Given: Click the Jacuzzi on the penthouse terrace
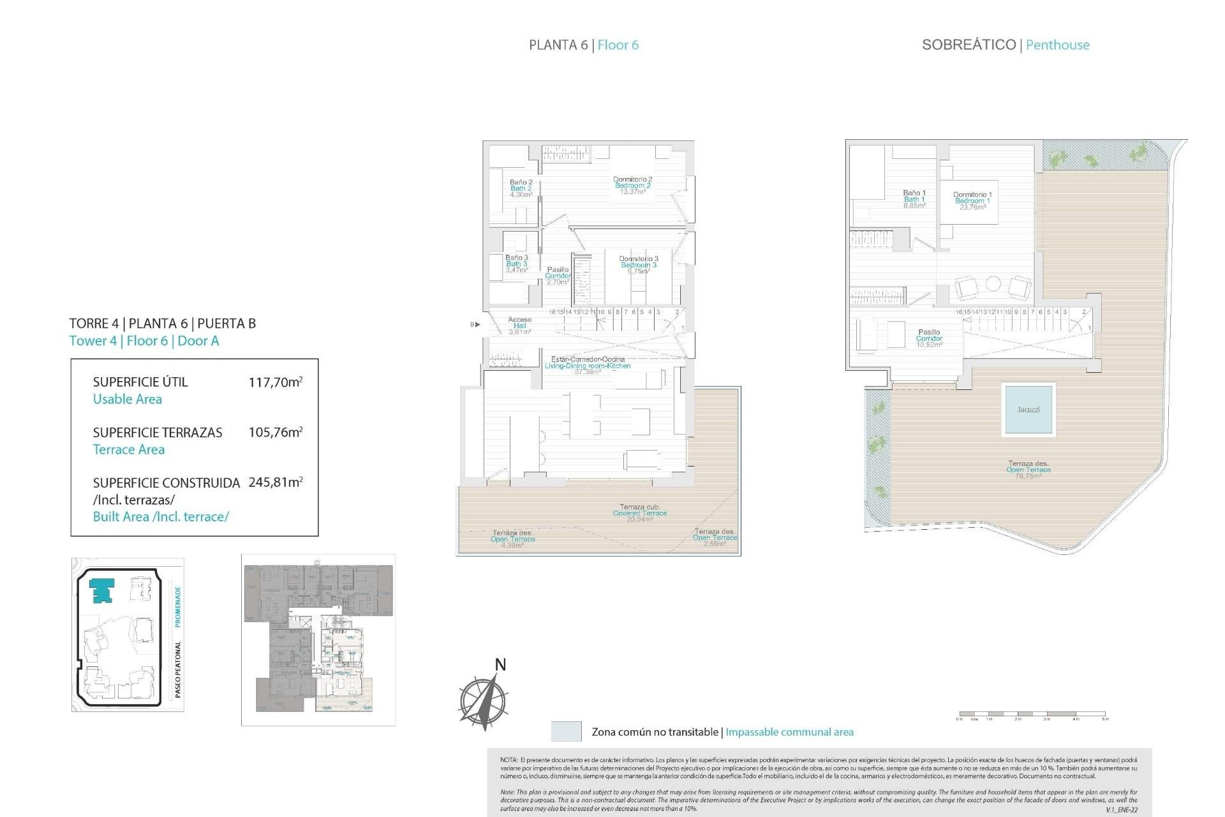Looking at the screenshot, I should click(x=1027, y=409).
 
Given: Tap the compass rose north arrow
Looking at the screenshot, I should click(x=485, y=699).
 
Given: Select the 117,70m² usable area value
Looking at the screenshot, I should click(x=275, y=382).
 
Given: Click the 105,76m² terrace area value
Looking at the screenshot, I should click(x=275, y=432).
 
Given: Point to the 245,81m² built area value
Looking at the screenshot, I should click(x=275, y=483).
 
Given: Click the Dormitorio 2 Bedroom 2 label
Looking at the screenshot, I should click(x=632, y=186).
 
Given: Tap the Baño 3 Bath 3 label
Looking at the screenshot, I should click(x=517, y=264).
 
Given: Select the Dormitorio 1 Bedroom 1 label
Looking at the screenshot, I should click(x=972, y=200).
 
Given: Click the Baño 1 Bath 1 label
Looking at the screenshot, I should click(x=914, y=199).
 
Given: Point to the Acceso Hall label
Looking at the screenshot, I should click(x=519, y=326).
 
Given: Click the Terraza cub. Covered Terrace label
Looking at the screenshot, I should click(x=639, y=513).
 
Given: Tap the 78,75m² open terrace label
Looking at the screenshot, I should click(x=1028, y=470).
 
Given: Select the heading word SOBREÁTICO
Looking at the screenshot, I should click(x=969, y=45).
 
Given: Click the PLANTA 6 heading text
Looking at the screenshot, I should click(x=558, y=45).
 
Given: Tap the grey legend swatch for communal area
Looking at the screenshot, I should click(x=566, y=731).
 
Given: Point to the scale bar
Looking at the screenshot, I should click(x=1032, y=714).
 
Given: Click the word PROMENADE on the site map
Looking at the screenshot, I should click(x=178, y=606).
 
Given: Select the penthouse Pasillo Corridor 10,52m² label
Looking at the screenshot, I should click(x=929, y=338).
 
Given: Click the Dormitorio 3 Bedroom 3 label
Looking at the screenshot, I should click(x=638, y=265).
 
